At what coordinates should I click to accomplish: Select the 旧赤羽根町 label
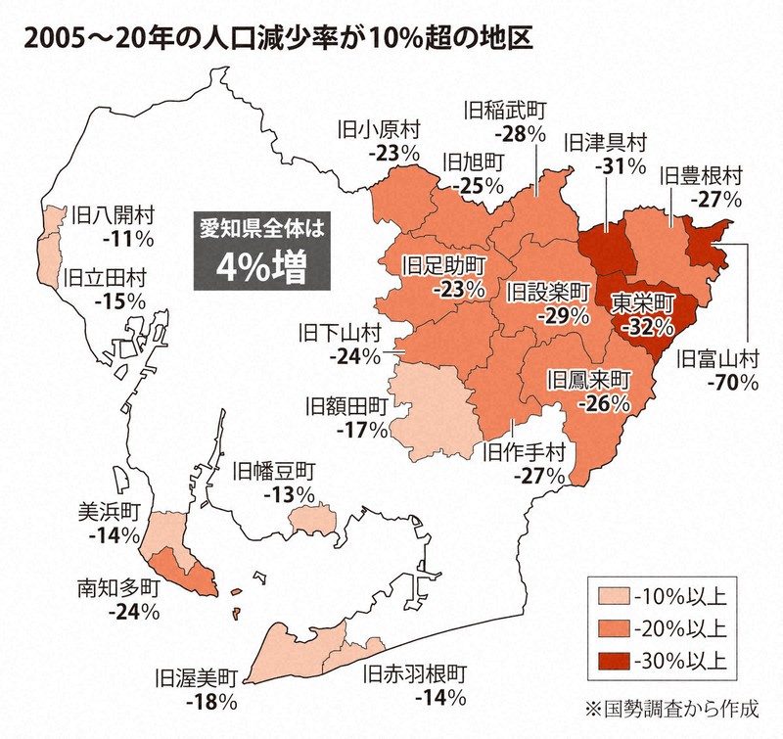pyautogui.click(x=416, y=674)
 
